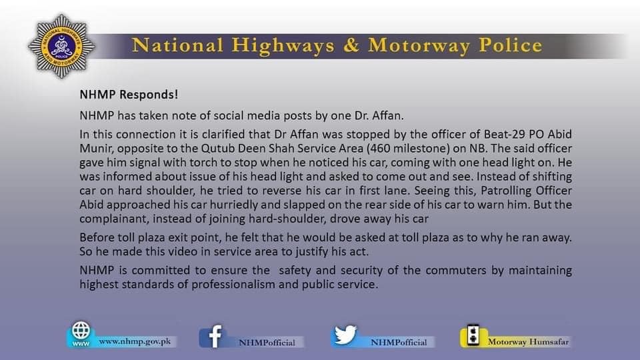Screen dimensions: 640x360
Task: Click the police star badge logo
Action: tap(61, 46)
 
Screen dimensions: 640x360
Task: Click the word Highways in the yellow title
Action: tap(283, 45)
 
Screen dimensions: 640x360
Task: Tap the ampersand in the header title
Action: tap(351, 45)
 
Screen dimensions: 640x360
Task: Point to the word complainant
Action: tap(114, 219)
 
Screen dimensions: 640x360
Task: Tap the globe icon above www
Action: tap(81, 330)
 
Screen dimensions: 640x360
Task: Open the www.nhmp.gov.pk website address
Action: tap(135, 341)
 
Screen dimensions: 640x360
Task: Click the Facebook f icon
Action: tap(215, 337)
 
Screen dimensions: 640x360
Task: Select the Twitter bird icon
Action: tap(345, 335)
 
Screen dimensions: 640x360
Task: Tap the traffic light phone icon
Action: tap(473, 335)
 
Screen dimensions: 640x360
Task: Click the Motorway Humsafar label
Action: tap(528, 342)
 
